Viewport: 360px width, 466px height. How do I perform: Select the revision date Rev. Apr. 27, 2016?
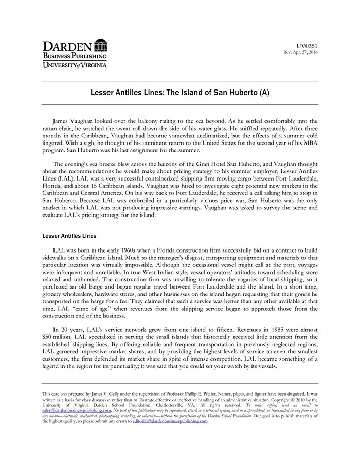tap(301, 52)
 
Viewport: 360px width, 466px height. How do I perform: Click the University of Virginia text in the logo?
tap(75, 65)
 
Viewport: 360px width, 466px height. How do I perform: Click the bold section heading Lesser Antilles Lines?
tap(69, 236)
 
